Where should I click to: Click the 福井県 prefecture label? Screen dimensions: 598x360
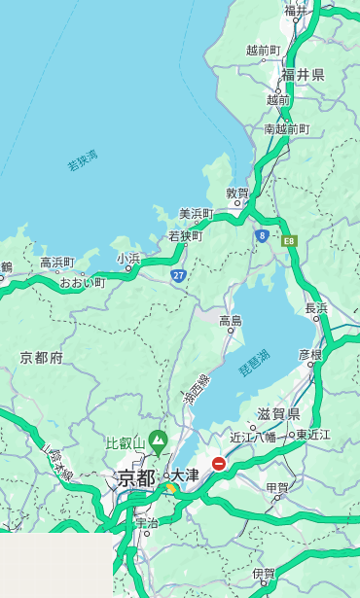tap(303, 75)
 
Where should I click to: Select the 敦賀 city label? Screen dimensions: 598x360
tap(238, 193)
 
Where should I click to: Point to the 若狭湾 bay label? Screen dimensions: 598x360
tap(83, 160)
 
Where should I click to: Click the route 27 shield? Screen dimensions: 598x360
tap(178, 276)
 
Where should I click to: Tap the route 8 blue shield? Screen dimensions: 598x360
tap(263, 235)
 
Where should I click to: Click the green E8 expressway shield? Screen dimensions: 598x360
tap(289, 239)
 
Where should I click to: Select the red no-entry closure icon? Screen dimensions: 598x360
tap(219, 464)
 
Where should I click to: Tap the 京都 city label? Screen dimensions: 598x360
tap(135, 477)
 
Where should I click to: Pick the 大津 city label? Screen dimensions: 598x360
tap(185, 475)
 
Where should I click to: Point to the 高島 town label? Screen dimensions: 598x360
tap(231, 321)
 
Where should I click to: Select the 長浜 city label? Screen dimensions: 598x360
tap(316, 308)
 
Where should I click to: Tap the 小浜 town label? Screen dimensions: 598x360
tap(128, 259)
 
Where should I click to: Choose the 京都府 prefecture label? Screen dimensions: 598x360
tap(42, 358)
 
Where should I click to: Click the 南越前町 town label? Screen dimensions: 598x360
tap(286, 128)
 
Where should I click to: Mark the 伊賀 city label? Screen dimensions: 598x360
tap(263, 574)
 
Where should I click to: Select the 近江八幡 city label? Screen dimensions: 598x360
tap(253, 437)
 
